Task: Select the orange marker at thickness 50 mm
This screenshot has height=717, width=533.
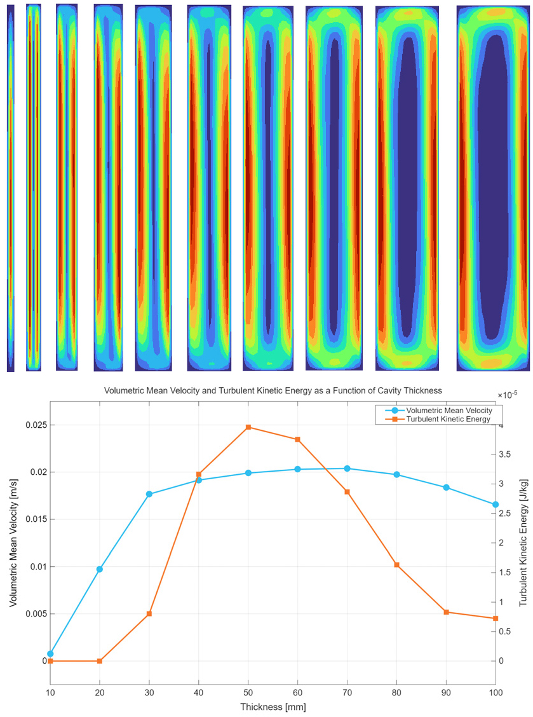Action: [x=248, y=427]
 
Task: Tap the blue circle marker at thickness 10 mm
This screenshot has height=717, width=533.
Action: [x=50, y=653]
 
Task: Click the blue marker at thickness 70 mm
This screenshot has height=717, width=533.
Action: [x=347, y=468]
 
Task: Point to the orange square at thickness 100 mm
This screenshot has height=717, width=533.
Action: [x=496, y=618]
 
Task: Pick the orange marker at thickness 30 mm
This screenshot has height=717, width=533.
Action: [x=149, y=614]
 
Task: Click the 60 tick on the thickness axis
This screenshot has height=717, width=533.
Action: [x=298, y=692]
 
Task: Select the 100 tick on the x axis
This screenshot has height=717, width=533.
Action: [x=496, y=692]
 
